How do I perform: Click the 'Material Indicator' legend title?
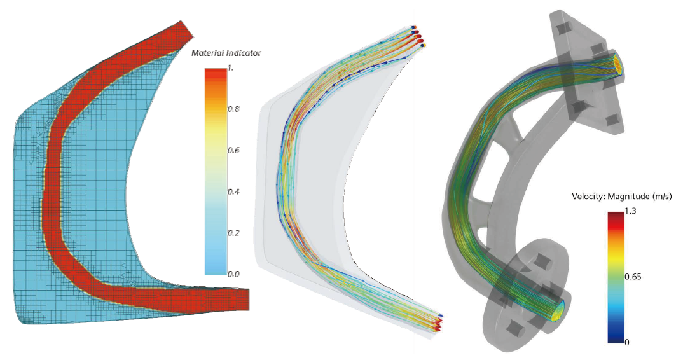(226, 53)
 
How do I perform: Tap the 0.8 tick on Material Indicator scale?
(233, 109)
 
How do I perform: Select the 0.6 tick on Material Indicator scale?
(233, 150)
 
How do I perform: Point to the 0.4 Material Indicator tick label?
(233, 191)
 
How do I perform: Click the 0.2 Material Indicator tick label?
(233, 233)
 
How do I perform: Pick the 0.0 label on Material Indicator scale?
(233, 273)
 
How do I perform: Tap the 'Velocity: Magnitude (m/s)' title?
(622, 196)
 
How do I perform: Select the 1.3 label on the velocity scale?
(630, 211)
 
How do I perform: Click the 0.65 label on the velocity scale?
(633, 277)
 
